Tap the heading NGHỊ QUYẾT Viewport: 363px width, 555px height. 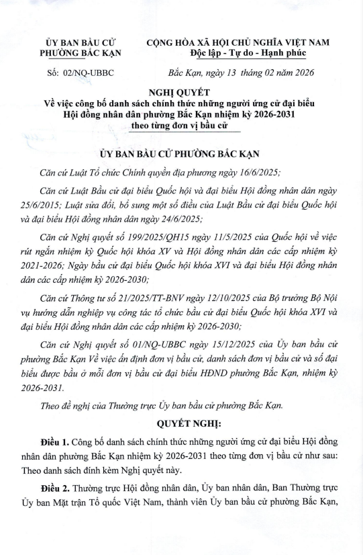coord(181,92)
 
